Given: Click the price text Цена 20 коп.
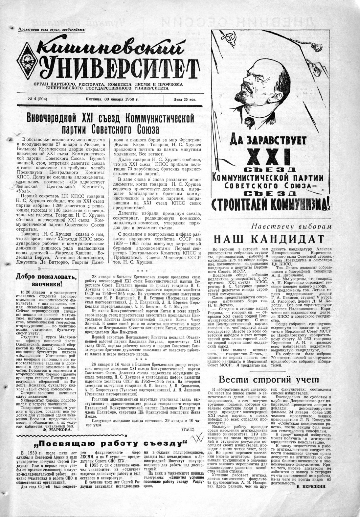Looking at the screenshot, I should (x=185, y=100).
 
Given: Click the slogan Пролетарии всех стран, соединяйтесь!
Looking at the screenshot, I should (x=52, y=30).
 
